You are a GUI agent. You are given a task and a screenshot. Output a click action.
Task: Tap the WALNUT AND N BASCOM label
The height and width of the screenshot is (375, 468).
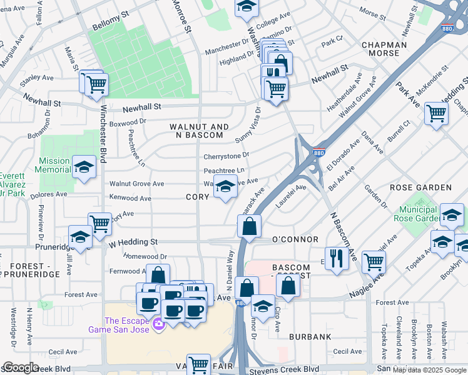196,131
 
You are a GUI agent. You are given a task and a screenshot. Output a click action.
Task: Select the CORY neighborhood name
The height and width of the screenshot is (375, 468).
197,197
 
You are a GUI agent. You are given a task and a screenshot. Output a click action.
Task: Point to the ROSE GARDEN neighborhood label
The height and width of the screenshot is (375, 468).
420,187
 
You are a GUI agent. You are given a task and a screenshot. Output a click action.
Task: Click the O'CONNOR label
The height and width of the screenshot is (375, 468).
295,240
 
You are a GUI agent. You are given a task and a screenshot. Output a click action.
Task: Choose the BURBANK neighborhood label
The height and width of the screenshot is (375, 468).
310,337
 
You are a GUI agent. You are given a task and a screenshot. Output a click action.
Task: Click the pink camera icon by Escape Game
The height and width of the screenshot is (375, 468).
158,323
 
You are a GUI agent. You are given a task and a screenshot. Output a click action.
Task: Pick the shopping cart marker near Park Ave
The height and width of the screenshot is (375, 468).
436,113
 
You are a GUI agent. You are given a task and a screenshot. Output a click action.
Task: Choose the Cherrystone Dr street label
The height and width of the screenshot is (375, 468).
226,156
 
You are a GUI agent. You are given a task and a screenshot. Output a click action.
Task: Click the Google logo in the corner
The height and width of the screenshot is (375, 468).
21,368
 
